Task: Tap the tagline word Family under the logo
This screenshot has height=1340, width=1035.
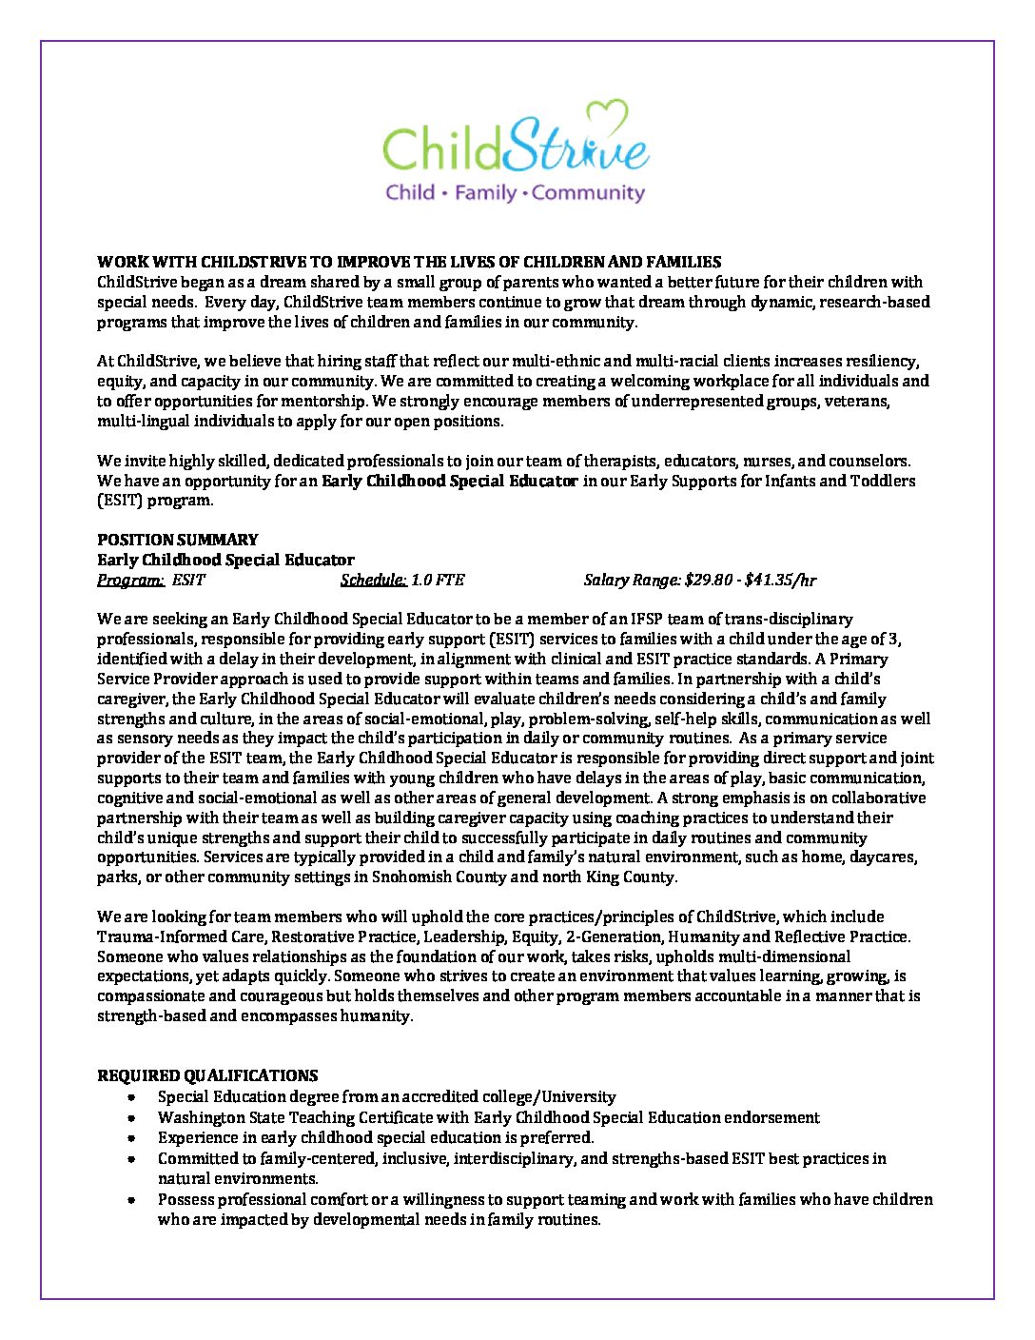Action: (x=485, y=193)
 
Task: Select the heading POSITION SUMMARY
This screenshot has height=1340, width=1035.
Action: (x=178, y=540)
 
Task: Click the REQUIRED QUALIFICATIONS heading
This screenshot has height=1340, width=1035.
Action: (x=207, y=1075)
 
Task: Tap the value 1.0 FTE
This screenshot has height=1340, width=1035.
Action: (x=438, y=580)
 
